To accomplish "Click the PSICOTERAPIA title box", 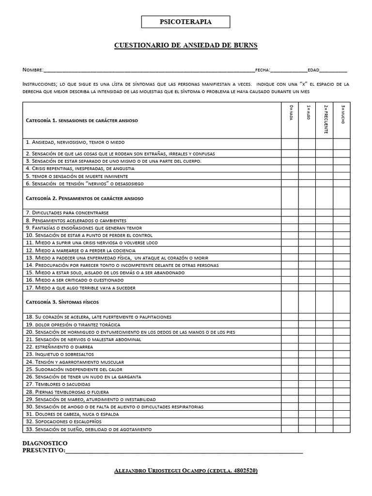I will (186, 22).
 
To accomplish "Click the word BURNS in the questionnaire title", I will (244, 46).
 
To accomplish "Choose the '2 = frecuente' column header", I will (325, 119).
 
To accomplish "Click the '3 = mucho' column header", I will (342, 115).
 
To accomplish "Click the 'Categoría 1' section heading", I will (81, 120).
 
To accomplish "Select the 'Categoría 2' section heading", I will (84, 198).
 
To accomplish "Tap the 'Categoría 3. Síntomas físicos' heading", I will (62, 302).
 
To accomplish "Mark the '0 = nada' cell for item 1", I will (290, 142).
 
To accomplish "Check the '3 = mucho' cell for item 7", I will (342, 213).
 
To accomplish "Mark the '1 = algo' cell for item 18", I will (307, 317).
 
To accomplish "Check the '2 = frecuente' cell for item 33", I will (325, 429).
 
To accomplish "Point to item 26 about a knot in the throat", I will (83, 376).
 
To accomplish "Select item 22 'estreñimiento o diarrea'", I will (59, 347).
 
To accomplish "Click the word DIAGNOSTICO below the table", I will (45, 443).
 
